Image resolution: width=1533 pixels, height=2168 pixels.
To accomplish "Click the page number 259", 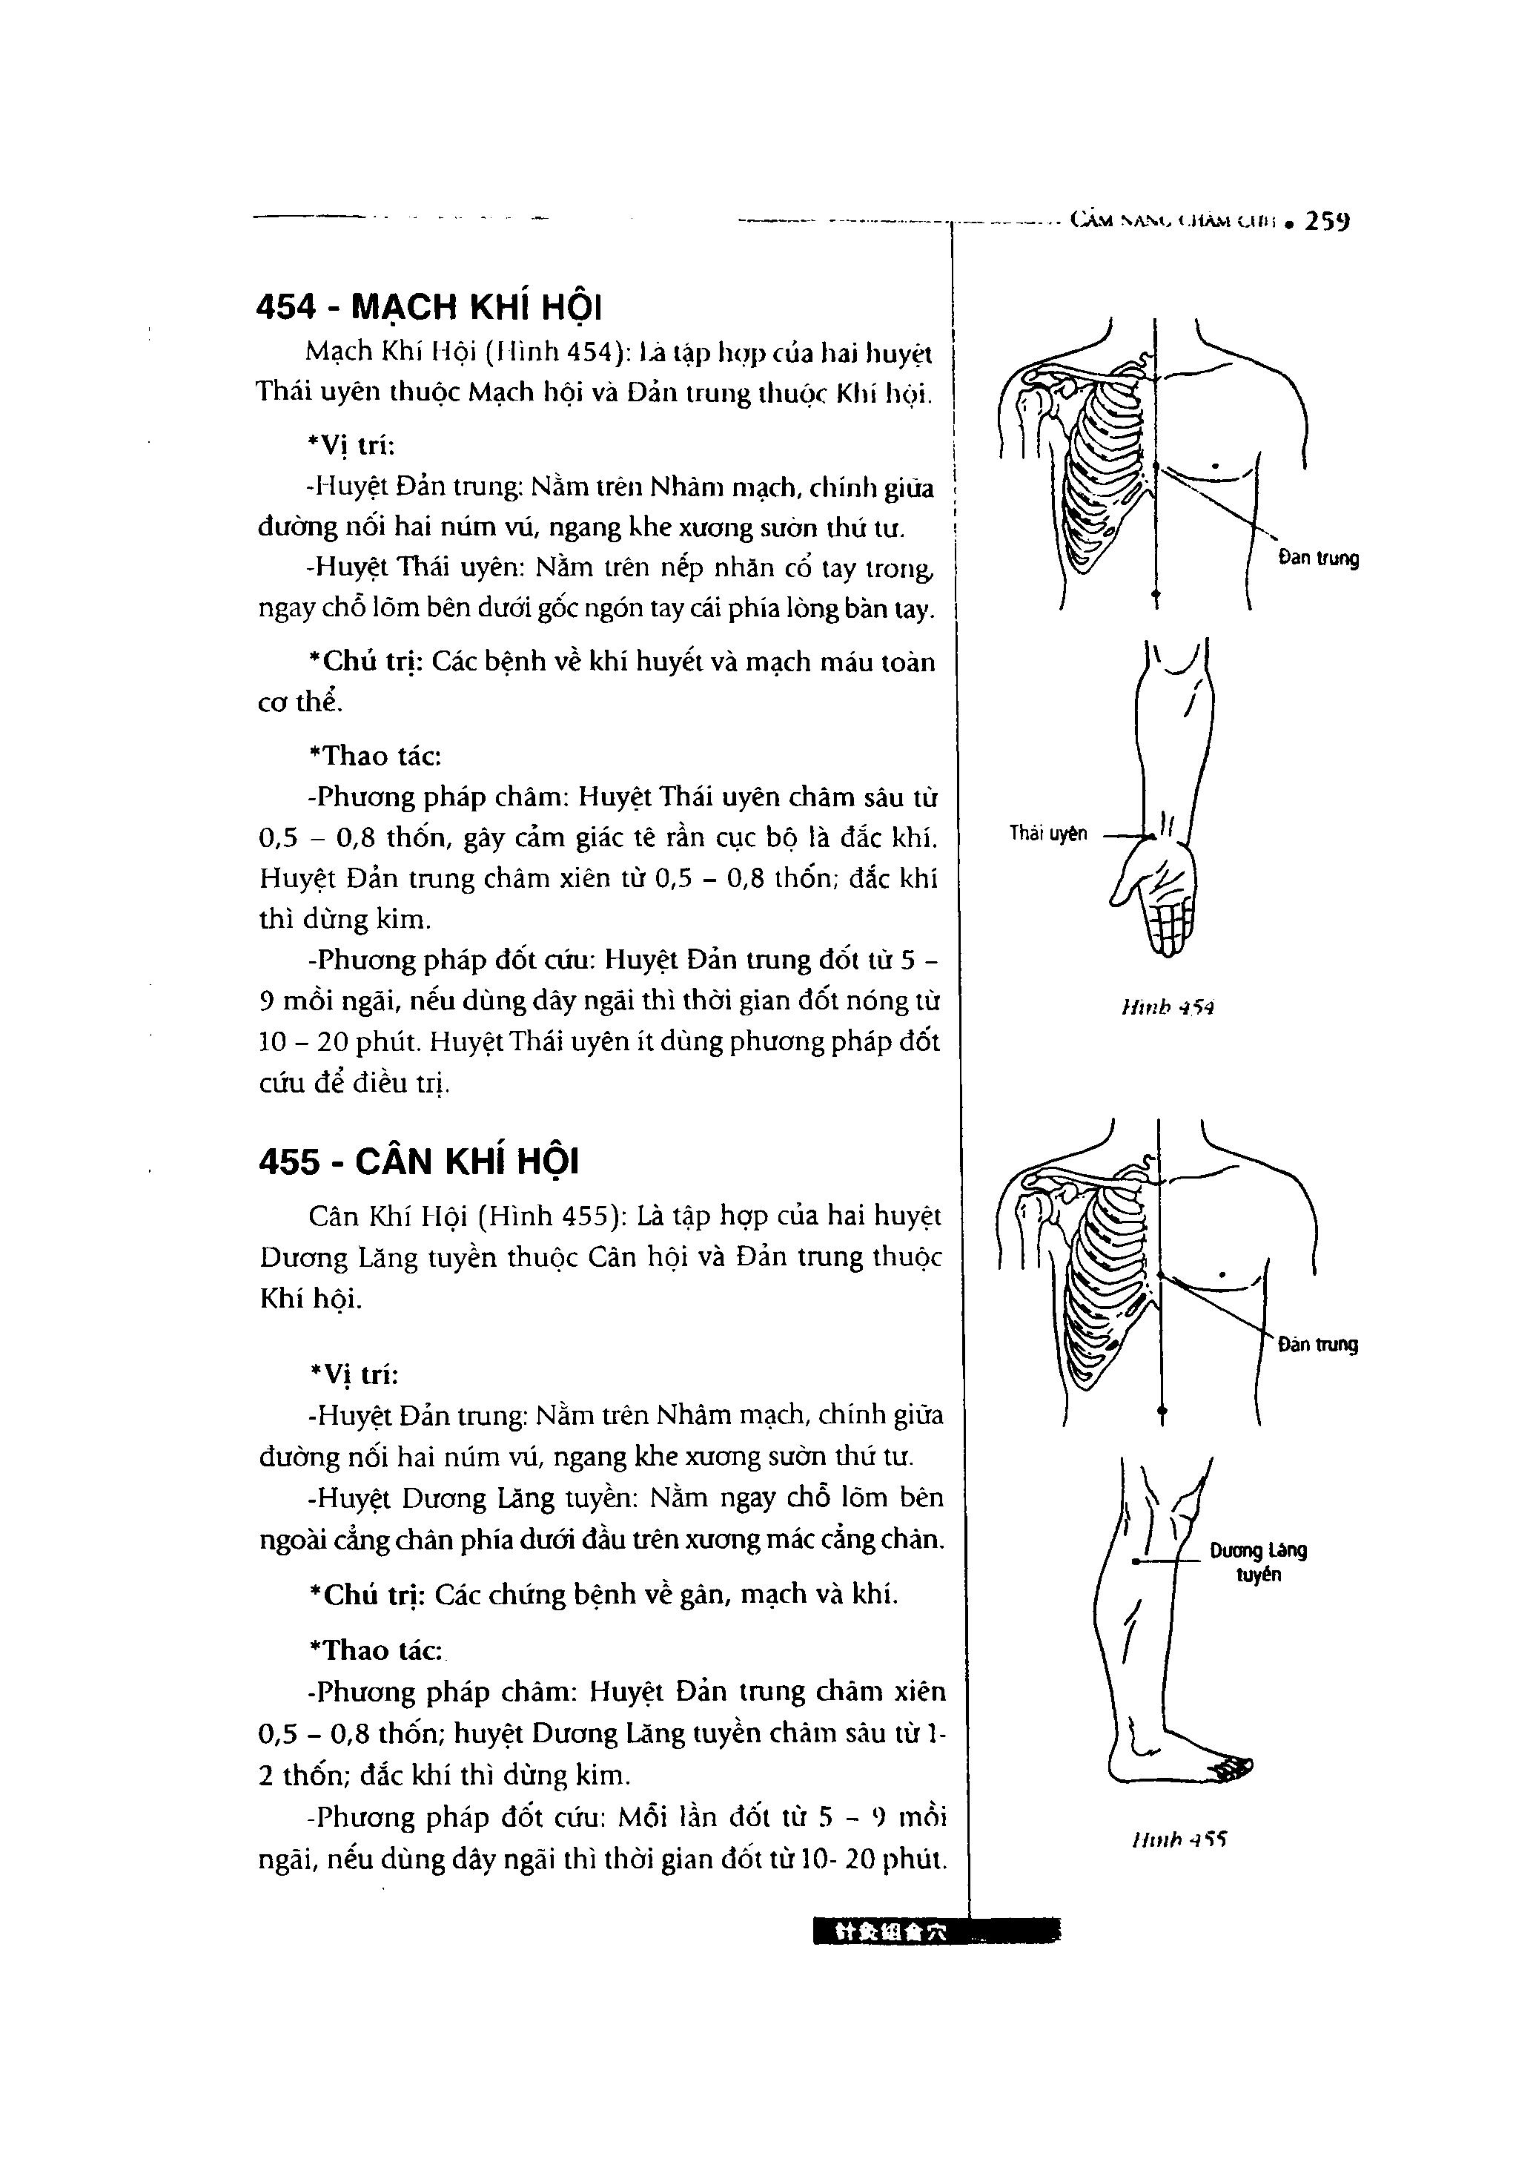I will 1327,222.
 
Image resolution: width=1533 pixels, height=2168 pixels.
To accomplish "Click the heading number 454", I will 287,307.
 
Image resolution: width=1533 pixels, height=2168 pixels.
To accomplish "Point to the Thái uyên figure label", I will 1047,833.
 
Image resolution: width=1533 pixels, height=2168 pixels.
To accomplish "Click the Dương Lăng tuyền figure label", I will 1258,1562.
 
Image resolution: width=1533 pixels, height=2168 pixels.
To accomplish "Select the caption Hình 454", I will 1168,1007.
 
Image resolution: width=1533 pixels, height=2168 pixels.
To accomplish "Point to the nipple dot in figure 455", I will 1222,1276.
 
